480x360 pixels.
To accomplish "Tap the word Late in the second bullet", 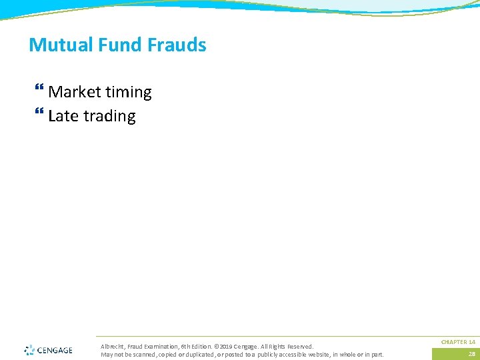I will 63,116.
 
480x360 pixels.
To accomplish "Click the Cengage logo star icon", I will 29,350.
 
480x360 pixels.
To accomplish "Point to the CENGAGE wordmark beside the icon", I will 55,350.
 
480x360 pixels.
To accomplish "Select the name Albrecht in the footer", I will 112,347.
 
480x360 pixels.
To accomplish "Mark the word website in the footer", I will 319,354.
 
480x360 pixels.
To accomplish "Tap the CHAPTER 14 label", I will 458,342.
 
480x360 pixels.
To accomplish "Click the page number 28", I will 471,354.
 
